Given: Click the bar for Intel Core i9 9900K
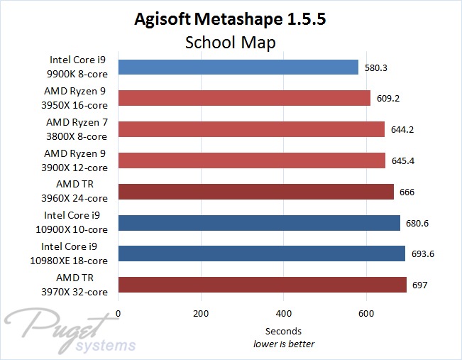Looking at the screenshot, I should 238,67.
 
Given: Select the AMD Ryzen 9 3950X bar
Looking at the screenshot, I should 244,98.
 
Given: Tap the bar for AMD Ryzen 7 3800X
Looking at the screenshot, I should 251,129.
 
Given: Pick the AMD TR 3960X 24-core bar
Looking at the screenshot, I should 256,192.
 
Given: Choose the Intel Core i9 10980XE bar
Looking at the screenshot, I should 262,253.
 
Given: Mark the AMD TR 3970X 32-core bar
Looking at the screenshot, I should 263,285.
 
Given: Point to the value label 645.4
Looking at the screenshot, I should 402,160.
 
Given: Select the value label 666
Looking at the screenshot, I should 407,192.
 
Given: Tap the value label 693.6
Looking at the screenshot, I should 422,254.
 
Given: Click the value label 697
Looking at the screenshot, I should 420,285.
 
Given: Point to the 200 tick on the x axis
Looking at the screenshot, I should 201,314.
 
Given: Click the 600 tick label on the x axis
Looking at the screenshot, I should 366,314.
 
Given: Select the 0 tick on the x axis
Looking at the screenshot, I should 119,314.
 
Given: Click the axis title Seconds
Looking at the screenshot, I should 283,331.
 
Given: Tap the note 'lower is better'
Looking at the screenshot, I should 284,344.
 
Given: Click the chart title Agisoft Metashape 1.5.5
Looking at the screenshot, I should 231,19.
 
